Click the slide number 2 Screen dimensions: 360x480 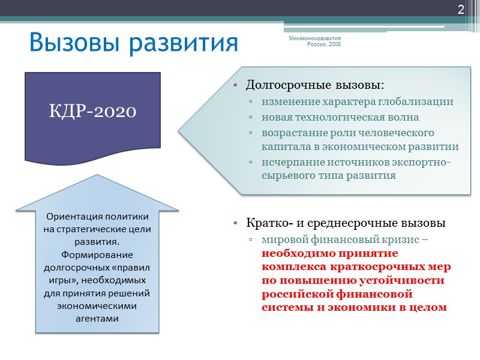[461, 9]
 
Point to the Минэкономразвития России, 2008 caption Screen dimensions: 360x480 [315, 41]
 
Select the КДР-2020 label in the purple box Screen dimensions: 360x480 [92, 111]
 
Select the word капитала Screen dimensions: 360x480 [284, 146]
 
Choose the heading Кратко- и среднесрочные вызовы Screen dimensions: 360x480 [346, 223]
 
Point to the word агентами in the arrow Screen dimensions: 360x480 [97, 318]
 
